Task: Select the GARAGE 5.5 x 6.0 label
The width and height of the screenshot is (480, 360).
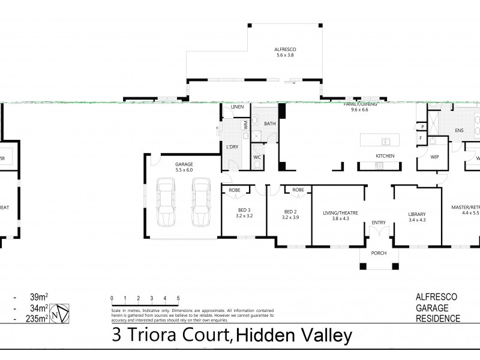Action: [x=184, y=167]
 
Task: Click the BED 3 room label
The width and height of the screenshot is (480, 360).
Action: [x=244, y=212]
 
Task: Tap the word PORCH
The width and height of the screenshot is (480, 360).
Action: [x=379, y=253]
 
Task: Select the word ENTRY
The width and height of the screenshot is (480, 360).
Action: [x=379, y=223]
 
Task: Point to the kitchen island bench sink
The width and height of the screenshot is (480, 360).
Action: [x=384, y=142]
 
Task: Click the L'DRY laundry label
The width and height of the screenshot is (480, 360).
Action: [x=233, y=147]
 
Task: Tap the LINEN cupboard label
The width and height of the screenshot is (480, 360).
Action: [x=237, y=108]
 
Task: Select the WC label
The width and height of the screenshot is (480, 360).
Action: [x=256, y=157]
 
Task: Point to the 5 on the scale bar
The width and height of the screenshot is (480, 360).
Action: [x=178, y=298]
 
